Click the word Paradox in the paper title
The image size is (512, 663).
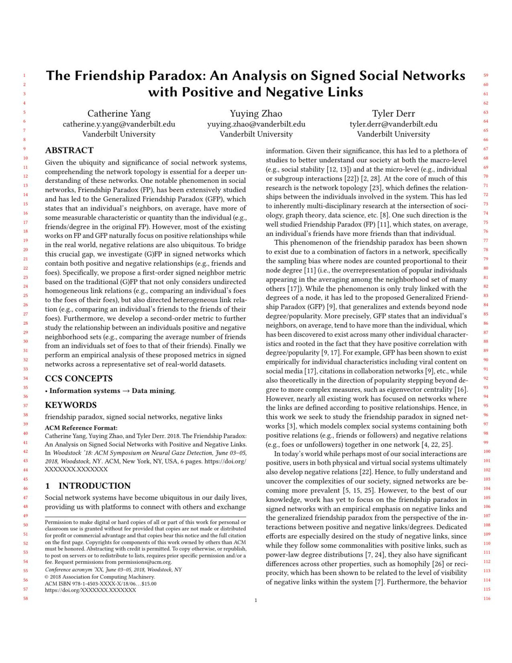[x=175, y=76]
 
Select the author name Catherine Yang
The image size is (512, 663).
[x=119, y=114]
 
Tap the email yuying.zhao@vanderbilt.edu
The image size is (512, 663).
[x=256, y=124]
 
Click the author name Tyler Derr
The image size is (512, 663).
[x=393, y=114]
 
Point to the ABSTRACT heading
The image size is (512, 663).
[x=69, y=150]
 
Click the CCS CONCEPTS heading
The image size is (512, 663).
[x=79, y=378]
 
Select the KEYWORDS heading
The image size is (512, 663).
[x=70, y=405]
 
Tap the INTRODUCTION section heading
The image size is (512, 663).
[x=94, y=486]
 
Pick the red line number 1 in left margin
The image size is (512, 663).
[x=25, y=76]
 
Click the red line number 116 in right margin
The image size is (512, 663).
[x=487, y=598]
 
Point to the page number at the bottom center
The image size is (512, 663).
[x=256, y=601]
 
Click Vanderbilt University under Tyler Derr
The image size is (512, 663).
[x=393, y=134]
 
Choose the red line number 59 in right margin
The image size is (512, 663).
[x=486, y=76]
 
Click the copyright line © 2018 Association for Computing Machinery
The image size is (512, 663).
[x=100, y=577]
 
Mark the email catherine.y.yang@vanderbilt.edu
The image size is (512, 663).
[x=119, y=124]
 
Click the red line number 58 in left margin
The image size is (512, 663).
[x=25, y=598]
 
